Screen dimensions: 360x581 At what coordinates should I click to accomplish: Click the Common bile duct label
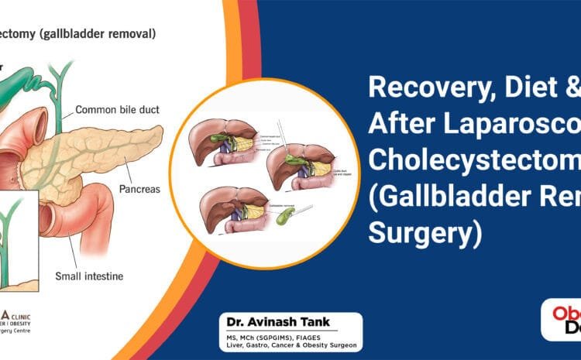pyautogui.click(x=117, y=110)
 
